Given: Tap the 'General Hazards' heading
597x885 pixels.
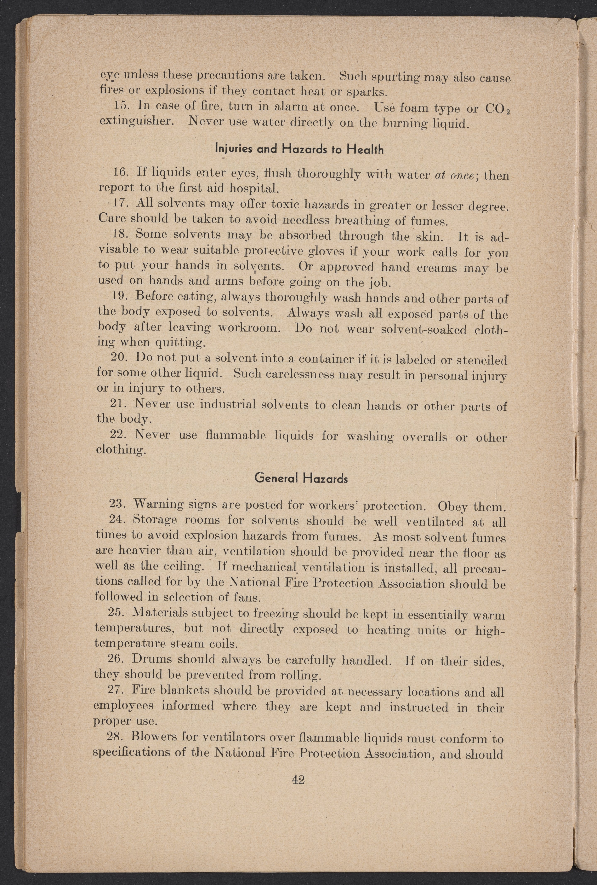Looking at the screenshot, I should [301, 478].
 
